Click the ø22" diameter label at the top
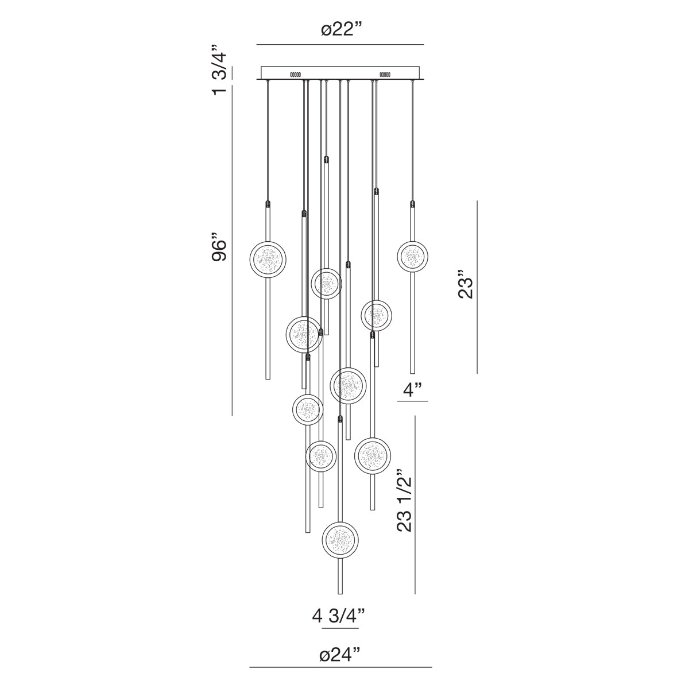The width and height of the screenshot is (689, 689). coord(340,30)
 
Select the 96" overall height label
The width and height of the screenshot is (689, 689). coord(220,247)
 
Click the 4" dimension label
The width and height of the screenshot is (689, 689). coord(413,390)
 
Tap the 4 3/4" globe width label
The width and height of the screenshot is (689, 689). coord(339,617)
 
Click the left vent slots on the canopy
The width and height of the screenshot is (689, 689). coord(296,74)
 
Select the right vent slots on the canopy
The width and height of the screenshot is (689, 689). coord(385,74)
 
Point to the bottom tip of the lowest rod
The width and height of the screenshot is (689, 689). coord(340,593)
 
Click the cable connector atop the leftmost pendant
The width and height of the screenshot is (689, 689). coord(268,203)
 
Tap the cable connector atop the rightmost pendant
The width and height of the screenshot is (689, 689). coord(412,203)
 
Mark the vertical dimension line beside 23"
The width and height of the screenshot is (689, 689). coord(477,287)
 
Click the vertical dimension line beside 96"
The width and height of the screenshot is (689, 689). coord(232,253)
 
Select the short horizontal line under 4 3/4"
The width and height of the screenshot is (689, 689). coord(340,629)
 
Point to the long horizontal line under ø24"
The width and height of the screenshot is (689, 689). coord(340,667)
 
